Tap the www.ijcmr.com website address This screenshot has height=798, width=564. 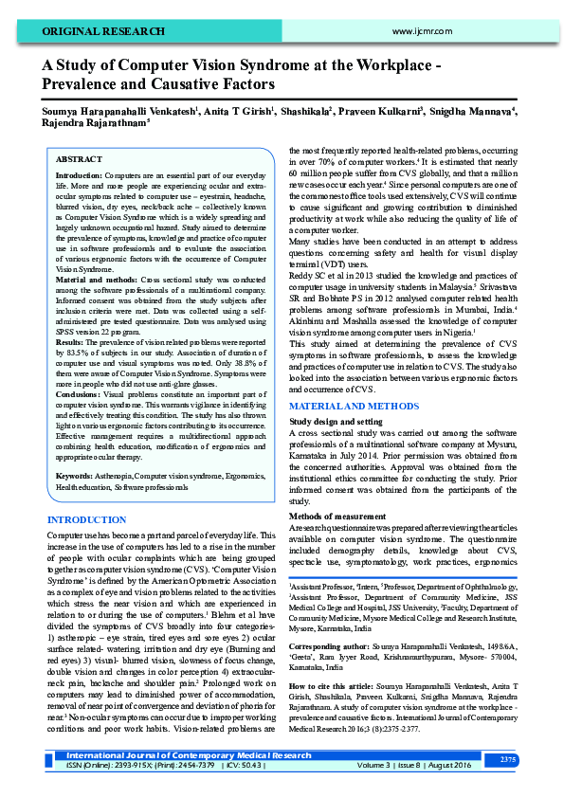tap(418, 31)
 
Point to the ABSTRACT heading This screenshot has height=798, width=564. tap(79, 160)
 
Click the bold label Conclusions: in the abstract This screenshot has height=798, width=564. tap(81, 392)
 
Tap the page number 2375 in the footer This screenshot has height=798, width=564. tap(508, 760)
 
